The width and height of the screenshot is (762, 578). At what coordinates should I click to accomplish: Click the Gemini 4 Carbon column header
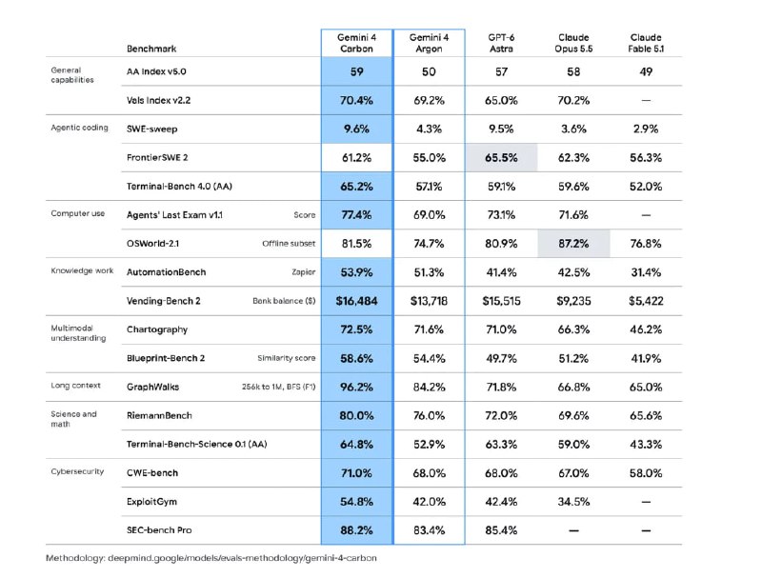[356, 43]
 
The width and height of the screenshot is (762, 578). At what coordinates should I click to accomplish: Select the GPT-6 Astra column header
[501, 43]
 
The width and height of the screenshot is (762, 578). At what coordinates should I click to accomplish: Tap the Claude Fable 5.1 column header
[646, 43]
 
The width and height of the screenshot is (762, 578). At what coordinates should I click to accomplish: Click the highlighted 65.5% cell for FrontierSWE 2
[501, 158]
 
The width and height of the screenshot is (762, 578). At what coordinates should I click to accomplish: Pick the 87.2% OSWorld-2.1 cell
[573, 244]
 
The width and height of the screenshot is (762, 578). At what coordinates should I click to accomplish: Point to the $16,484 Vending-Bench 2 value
[356, 301]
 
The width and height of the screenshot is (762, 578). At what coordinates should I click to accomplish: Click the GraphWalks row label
[152, 388]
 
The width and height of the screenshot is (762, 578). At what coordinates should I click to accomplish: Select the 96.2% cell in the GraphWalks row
[356, 388]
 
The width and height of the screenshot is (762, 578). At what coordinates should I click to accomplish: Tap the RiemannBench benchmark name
[159, 416]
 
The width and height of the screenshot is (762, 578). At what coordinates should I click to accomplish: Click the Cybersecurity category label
[77, 471]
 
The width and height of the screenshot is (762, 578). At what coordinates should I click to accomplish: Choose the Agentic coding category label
[79, 128]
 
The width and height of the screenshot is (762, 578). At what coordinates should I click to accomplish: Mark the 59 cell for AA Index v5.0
[356, 71]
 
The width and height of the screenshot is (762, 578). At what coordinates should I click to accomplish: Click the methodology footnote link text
[211, 558]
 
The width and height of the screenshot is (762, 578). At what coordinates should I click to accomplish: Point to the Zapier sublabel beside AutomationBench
[303, 272]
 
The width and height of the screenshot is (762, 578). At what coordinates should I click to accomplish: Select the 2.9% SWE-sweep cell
[646, 130]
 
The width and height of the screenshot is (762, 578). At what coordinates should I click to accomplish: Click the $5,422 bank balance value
[646, 301]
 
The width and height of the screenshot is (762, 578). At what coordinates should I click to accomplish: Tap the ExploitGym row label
[151, 502]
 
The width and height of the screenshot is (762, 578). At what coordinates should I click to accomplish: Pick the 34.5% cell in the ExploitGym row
[573, 502]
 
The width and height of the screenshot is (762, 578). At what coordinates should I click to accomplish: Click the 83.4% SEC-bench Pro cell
[429, 530]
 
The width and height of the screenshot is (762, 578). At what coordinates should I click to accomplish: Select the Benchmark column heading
[151, 49]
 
